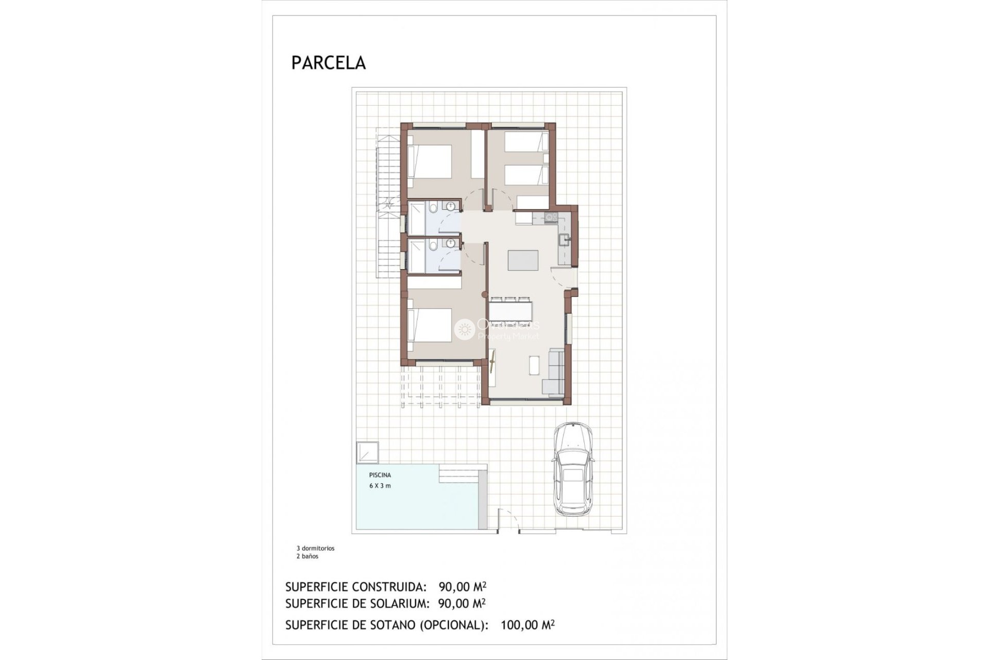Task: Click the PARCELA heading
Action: tap(329, 63)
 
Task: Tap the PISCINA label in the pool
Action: tap(380, 475)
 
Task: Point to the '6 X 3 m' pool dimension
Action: tap(380, 486)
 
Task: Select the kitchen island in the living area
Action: tap(523, 260)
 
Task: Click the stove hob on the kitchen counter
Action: tap(550, 217)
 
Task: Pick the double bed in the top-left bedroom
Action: tap(430, 162)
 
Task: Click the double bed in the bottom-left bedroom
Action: tap(430, 324)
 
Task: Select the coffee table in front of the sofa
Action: tap(534, 365)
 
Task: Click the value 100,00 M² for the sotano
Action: tap(527, 625)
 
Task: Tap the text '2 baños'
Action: tap(307, 556)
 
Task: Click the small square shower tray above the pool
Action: tap(367, 452)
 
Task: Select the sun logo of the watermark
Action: tap(465, 329)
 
